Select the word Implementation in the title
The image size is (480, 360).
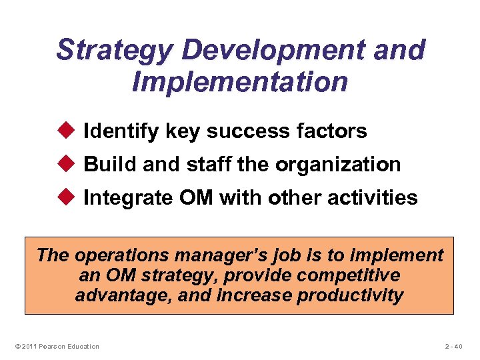click(x=240, y=83)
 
